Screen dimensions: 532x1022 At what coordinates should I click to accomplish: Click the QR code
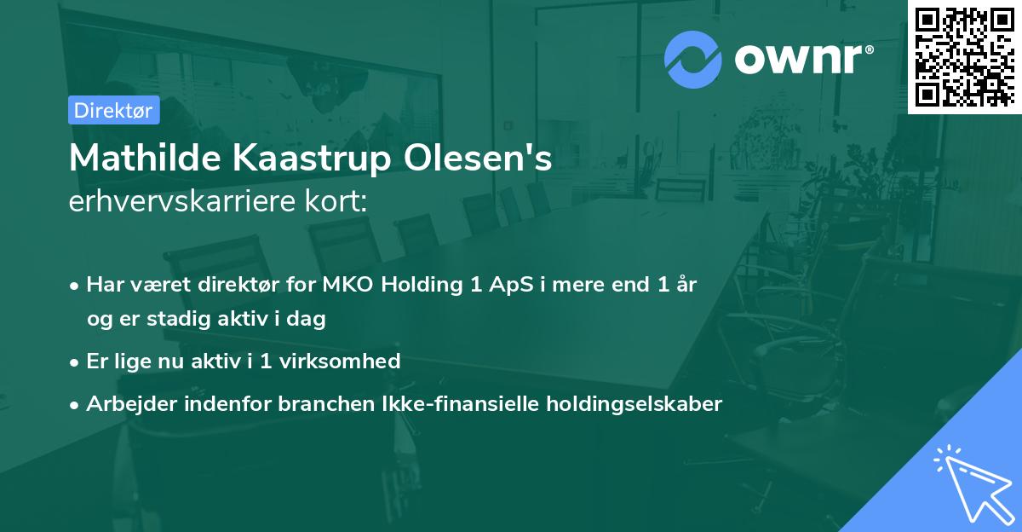pos(964,56)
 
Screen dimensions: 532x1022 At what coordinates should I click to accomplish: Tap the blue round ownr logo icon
pos(692,61)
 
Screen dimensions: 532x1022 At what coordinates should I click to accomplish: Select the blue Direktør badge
pos(113,110)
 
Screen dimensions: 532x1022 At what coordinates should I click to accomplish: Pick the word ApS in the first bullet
pos(506,285)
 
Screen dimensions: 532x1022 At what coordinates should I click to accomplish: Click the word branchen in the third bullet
pos(319,404)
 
